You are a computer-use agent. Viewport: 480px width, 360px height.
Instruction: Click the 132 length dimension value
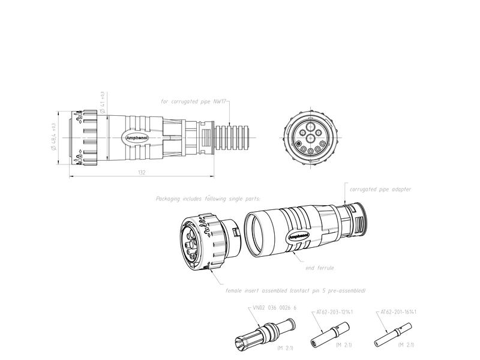142,172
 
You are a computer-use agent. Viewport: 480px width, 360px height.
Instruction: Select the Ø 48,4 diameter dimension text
55,137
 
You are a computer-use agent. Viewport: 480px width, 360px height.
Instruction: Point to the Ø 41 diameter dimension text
103,103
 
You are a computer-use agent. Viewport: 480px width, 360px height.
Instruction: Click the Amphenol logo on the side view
137,137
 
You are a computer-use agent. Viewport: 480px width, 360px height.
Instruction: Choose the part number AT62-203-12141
334,312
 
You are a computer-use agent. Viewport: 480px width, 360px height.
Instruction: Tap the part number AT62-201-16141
398,312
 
